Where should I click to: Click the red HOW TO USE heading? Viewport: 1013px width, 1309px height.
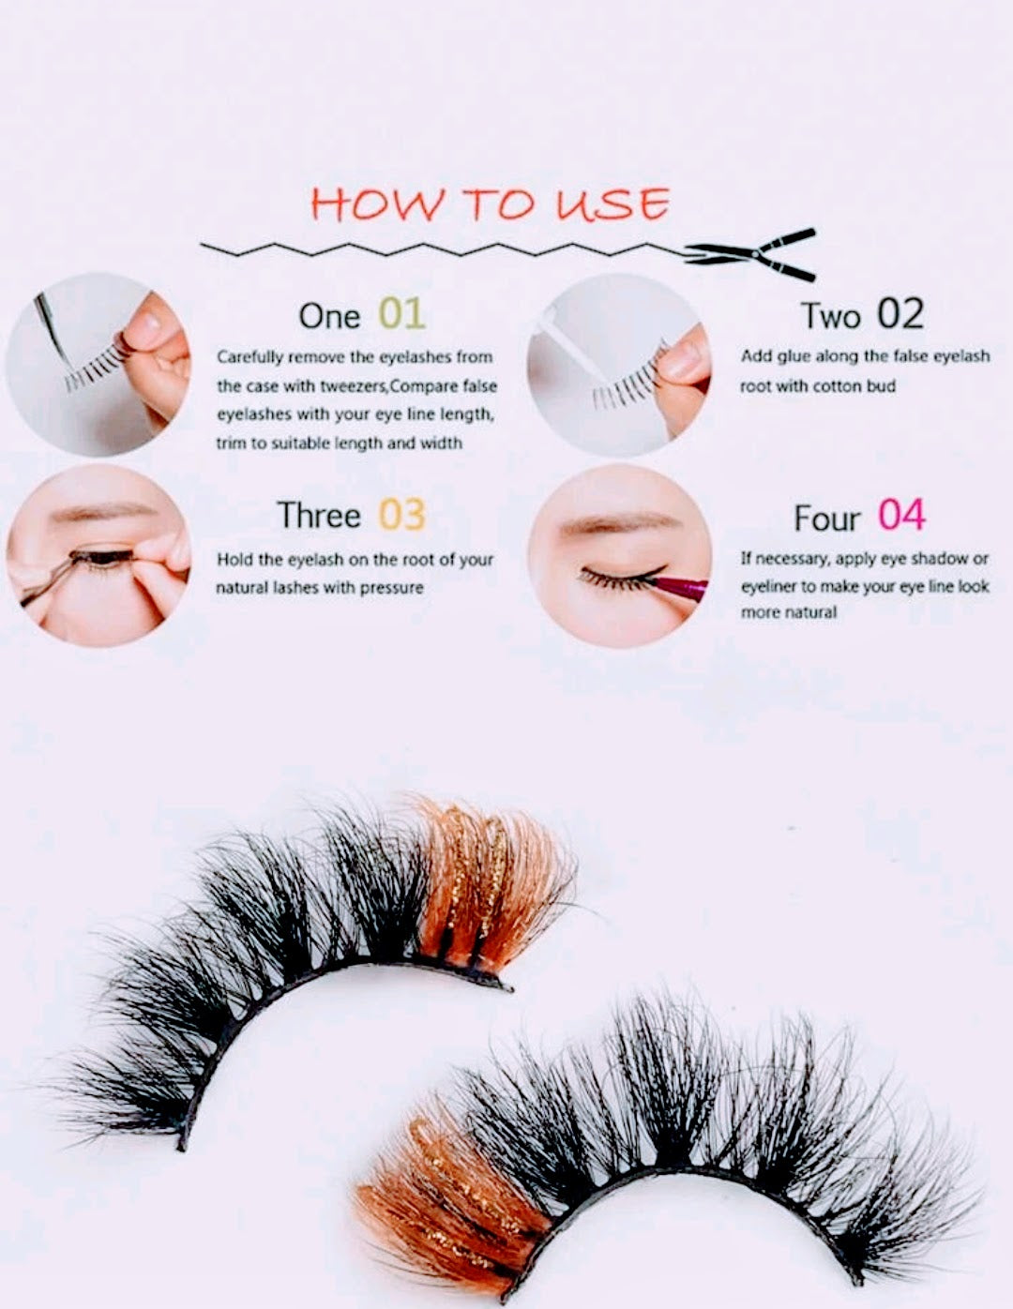click(490, 203)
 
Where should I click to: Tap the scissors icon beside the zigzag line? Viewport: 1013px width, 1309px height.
click(751, 254)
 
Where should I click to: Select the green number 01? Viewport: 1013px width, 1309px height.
click(402, 314)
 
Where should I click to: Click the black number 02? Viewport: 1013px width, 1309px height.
click(900, 314)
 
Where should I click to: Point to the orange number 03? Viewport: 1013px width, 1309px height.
click(402, 515)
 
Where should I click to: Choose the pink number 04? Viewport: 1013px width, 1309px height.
click(900, 516)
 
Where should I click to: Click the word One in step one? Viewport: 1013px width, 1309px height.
click(329, 316)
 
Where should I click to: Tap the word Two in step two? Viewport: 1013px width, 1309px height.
click(831, 316)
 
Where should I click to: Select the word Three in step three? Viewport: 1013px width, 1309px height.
click(319, 516)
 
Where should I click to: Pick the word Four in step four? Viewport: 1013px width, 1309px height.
click(826, 518)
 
